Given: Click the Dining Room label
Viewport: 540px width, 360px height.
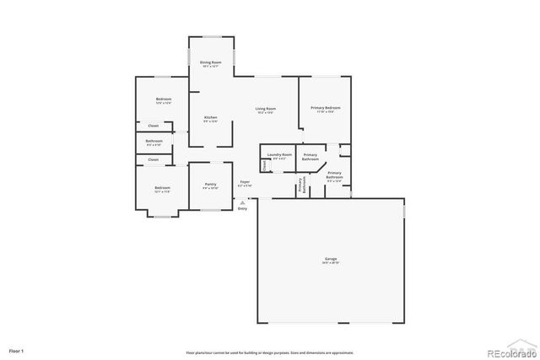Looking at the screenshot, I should [x=210, y=63].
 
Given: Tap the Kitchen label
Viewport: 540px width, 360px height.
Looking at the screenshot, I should [x=210, y=117].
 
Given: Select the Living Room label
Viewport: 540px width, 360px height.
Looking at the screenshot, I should [x=266, y=109].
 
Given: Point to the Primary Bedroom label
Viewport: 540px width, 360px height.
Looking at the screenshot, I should [x=325, y=108].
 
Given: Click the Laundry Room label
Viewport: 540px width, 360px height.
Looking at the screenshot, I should [x=279, y=155].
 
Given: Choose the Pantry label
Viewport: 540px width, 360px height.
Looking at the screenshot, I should [x=210, y=184].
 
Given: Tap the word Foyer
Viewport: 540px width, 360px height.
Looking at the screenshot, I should [x=245, y=181].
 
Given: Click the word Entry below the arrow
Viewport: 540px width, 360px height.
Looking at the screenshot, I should [x=243, y=207].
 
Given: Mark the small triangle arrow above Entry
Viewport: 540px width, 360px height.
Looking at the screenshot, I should [x=243, y=201].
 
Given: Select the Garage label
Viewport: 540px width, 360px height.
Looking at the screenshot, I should [x=330, y=260].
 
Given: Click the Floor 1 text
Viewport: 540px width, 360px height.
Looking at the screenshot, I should [x=16, y=349].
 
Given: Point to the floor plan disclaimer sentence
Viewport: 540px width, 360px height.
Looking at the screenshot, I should [x=269, y=352].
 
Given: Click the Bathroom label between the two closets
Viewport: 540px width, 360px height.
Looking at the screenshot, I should [x=154, y=141].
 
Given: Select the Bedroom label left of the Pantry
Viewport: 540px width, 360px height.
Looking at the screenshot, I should [x=162, y=187].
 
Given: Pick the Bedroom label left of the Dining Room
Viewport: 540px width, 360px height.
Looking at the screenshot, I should [x=163, y=99].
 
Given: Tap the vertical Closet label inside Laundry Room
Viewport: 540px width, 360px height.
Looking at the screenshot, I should [x=264, y=165].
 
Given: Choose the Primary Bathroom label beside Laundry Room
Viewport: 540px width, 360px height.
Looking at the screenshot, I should [x=310, y=157].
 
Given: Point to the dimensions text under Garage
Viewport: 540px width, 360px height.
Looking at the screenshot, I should [x=330, y=265].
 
